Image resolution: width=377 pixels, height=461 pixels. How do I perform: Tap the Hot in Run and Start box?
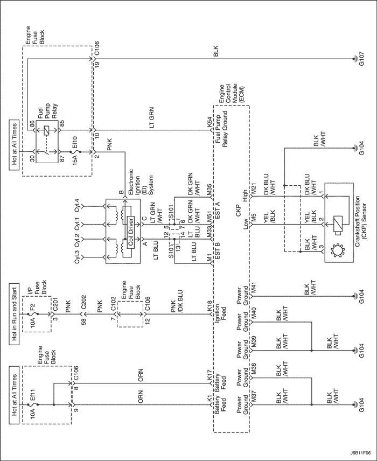click(x=13, y=313)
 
